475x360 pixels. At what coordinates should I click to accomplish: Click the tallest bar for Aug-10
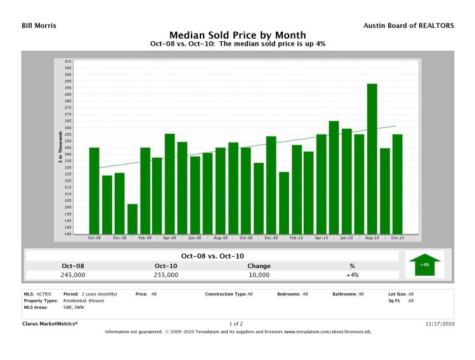point(372,158)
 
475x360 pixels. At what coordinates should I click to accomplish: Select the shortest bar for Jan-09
point(132,219)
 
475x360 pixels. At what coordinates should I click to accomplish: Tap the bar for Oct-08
point(94,190)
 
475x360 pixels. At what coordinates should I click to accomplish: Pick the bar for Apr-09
point(170,184)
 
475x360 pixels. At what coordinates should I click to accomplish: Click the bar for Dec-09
point(271,185)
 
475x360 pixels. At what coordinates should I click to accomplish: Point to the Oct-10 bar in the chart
point(398,184)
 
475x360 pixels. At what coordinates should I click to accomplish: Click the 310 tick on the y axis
point(68,61)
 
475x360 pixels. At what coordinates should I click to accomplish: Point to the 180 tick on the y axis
point(68,234)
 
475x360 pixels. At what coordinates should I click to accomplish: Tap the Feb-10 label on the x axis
point(296,238)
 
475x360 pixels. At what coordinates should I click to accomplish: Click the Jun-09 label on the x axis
point(195,238)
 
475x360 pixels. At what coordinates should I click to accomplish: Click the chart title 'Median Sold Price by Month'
point(237,35)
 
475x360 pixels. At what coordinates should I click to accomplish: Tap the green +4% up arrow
point(424,264)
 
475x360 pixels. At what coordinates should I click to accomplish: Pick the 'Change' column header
point(259,266)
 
